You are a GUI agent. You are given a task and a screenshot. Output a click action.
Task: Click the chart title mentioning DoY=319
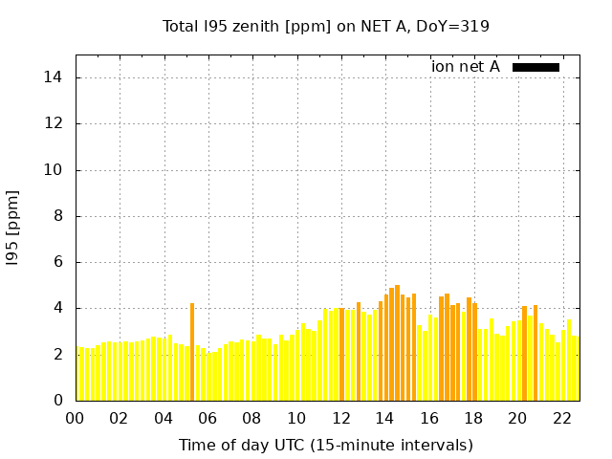[x=326, y=27]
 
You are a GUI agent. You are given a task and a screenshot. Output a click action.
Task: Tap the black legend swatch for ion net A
[x=535, y=67]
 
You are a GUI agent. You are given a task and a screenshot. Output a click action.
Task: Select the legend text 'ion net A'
[x=466, y=67]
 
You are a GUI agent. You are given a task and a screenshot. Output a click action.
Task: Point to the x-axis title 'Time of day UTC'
[x=326, y=445]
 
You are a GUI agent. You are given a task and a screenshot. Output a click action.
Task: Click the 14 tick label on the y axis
[x=55, y=77]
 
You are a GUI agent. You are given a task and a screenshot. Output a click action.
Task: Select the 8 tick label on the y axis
[x=58, y=216]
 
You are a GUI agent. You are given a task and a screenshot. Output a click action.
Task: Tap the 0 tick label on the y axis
[x=58, y=401]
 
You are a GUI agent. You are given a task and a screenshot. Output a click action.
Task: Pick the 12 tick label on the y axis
[x=55, y=124]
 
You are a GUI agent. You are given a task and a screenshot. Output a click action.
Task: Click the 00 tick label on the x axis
[x=76, y=418]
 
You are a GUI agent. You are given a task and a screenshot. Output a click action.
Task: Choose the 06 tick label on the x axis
[x=208, y=418]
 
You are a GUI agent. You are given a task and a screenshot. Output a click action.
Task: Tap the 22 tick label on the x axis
[x=561, y=418]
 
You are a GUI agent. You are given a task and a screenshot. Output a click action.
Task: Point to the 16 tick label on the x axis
[x=428, y=418]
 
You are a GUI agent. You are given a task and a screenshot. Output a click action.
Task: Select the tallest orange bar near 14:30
[x=397, y=342]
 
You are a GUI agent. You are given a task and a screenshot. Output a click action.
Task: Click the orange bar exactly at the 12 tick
[x=341, y=354]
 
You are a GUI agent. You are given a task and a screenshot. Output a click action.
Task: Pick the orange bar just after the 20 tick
[x=524, y=353]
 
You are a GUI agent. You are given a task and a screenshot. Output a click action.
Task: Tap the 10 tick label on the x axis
[x=296, y=418]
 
